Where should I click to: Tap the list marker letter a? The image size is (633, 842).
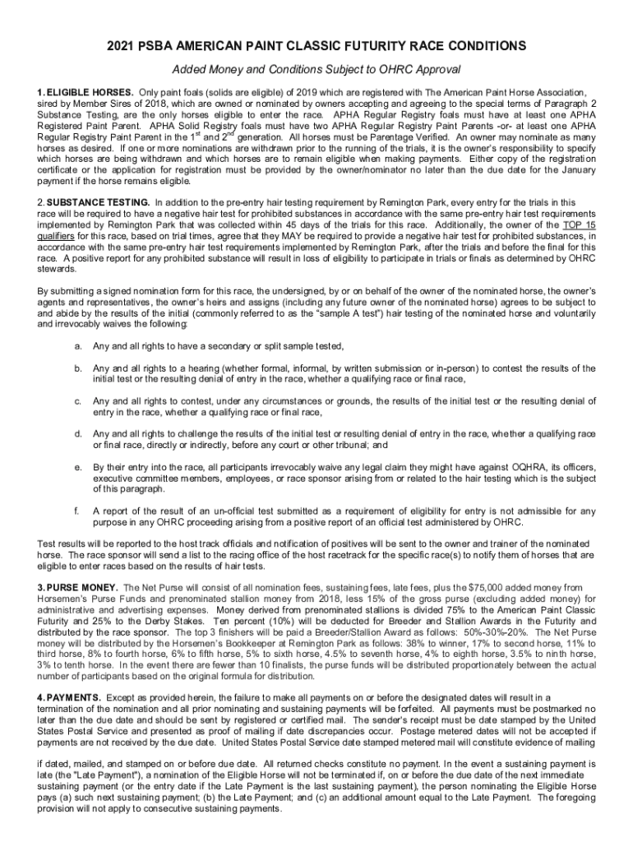pyautogui.click(x=77, y=346)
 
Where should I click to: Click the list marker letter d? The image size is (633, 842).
pyautogui.click(x=77, y=433)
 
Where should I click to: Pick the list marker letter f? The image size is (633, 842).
pyautogui.click(x=76, y=510)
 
